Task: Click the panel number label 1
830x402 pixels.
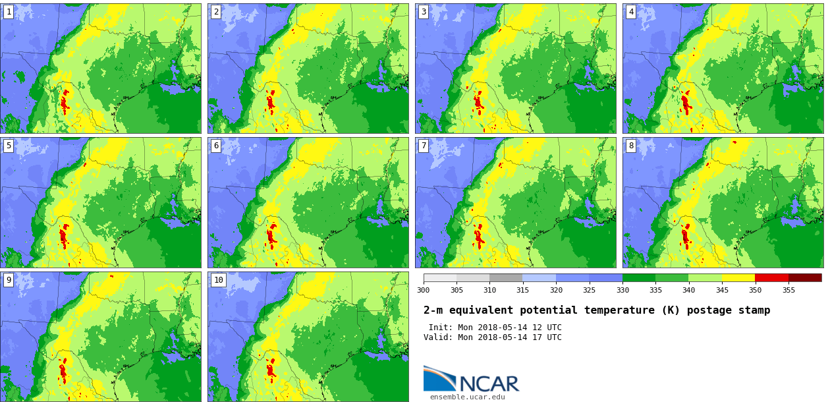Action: tap(9, 12)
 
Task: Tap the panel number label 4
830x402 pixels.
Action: tap(631, 12)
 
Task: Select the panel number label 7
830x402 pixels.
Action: tap(424, 146)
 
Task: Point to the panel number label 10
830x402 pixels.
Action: tap(218, 280)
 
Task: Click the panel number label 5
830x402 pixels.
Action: tap(9, 146)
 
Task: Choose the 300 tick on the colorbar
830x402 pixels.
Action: tap(423, 290)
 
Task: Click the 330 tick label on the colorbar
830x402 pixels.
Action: tap(622, 290)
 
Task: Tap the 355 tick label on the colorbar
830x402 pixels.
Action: tap(788, 290)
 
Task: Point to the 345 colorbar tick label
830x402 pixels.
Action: tap(722, 290)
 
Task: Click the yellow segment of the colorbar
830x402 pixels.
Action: tap(738, 278)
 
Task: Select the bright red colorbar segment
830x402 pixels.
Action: tap(771, 278)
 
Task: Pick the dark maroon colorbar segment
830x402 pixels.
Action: tap(805, 278)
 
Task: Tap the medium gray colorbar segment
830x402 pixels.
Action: tap(506, 278)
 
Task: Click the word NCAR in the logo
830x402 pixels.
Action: tap(488, 384)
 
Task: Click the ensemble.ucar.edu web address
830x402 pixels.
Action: tap(467, 397)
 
